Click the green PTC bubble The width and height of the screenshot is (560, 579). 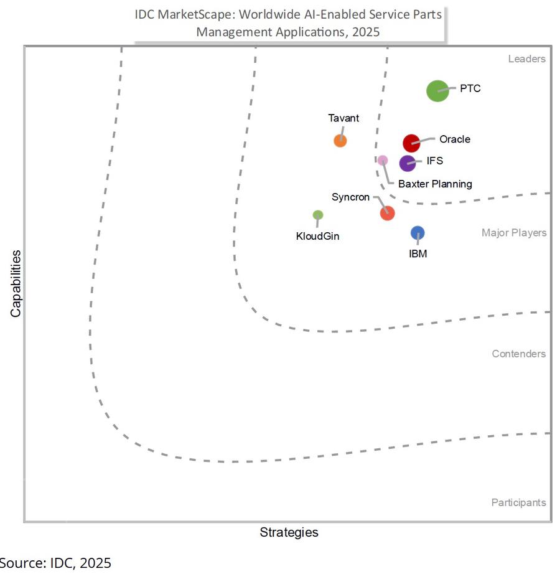tap(437, 91)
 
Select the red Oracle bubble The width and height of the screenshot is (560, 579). tap(411, 143)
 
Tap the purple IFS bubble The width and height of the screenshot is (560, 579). tap(408, 163)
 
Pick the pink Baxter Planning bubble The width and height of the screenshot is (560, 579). tap(383, 161)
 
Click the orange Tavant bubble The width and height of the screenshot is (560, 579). tap(340, 141)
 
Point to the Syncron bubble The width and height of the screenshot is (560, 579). tap(387, 213)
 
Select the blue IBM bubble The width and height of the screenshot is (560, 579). tap(418, 233)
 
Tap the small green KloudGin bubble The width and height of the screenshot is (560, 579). tap(318, 215)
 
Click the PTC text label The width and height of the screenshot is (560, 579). tap(470, 88)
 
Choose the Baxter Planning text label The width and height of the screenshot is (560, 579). tap(435, 184)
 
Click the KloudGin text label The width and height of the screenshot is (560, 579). tap(318, 236)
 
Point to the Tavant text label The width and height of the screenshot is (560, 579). tap(343, 118)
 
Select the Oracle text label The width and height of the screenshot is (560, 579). tap(455, 139)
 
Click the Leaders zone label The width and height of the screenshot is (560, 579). tap(526, 59)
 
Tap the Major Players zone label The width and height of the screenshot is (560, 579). tap(514, 233)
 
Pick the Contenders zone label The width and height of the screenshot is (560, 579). tap(519, 354)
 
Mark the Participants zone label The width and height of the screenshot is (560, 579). tap(518, 502)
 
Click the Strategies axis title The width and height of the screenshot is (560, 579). tap(289, 532)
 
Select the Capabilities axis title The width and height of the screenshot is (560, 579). tap(16, 283)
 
